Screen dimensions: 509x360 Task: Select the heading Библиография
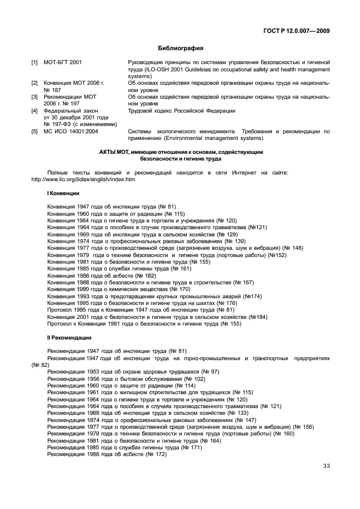click(179, 49)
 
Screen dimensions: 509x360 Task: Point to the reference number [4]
click(34, 111)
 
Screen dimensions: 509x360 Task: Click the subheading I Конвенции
click(63, 193)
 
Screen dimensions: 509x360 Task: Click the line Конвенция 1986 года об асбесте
click(101, 275)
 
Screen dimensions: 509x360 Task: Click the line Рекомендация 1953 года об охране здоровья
click(133, 371)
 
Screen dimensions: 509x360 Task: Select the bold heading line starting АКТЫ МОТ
click(180, 152)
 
